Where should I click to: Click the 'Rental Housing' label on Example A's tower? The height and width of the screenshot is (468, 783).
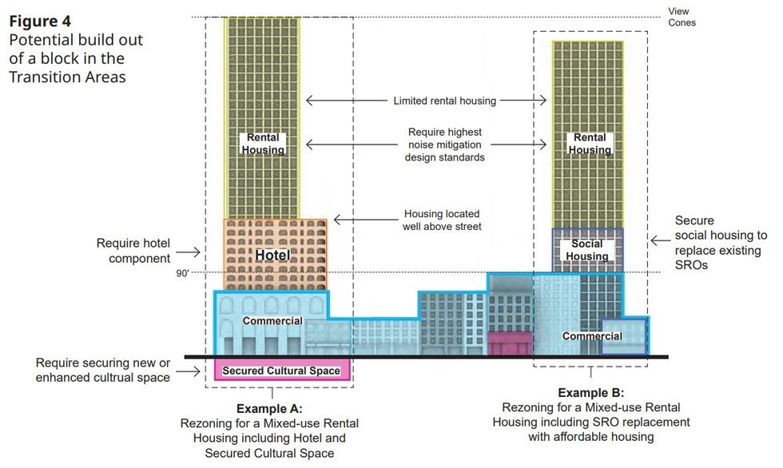pyautogui.click(x=262, y=144)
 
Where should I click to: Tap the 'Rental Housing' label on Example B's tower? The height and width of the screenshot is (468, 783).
pyautogui.click(x=590, y=144)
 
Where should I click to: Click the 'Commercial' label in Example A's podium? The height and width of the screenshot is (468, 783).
pyautogui.click(x=272, y=321)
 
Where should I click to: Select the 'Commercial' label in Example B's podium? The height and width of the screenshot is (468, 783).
pyautogui.click(x=592, y=336)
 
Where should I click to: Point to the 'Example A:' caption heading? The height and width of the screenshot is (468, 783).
pyautogui.click(x=272, y=409)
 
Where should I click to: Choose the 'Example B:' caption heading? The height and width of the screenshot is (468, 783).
pyautogui.click(x=590, y=392)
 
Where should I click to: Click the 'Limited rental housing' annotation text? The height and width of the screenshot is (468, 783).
pyautogui.click(x=444, y=101)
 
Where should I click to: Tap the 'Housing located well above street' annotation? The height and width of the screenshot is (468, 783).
pyautogui.click(x=444, y=220)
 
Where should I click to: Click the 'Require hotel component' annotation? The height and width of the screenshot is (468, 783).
pyautogui.click(x=133, y=251)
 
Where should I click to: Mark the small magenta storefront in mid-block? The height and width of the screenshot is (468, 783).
pyautogui.click(x=509, y=343)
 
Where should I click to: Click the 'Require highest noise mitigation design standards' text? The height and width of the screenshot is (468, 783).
pyautogui.click(x=444, y=145)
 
